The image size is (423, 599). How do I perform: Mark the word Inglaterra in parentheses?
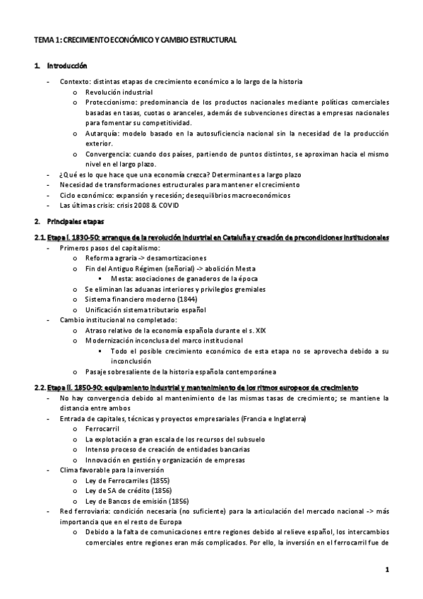[x=285, y=418]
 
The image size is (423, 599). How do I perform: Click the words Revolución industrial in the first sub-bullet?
[x=118, y=92]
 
